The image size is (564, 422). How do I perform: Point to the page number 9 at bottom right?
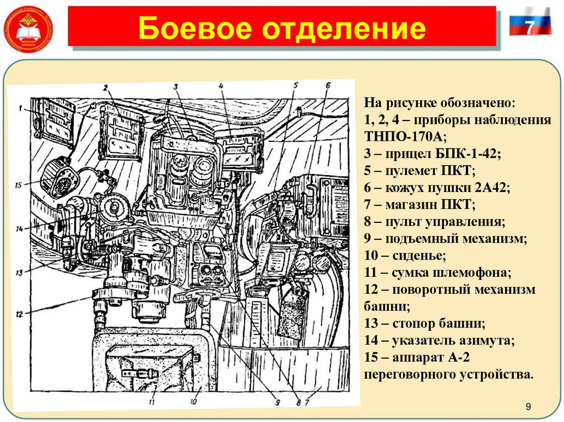[528, 407]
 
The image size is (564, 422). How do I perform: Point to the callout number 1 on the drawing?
[18, 108]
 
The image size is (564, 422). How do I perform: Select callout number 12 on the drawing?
[19, 314]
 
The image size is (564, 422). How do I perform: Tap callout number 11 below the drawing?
[151, 402]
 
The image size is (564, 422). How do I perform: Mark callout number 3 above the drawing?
[176, 87]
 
